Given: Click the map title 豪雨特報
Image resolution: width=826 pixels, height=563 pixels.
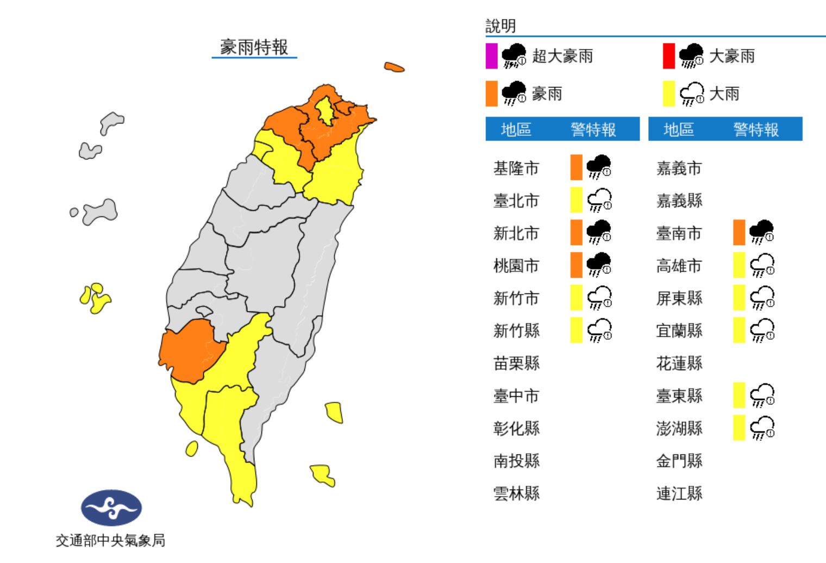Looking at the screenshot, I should [x=254, y=47].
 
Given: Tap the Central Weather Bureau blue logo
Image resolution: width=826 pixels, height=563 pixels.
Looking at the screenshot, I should [x=111, y=508].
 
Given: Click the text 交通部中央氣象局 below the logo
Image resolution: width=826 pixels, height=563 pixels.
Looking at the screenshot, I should [x=110, y=540].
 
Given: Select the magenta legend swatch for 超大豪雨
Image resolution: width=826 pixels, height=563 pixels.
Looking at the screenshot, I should [x=491, y=56].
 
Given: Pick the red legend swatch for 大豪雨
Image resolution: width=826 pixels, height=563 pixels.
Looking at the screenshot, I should [x=668, y=56].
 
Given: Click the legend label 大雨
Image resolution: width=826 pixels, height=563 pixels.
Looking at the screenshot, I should [x=724, y=94].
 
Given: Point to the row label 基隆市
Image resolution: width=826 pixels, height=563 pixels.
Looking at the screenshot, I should [x=516, y=168].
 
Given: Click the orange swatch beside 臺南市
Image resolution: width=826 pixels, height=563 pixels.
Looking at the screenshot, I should [x=739, y=233].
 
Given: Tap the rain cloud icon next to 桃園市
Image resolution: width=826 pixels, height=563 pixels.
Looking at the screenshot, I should [x=599, y=265].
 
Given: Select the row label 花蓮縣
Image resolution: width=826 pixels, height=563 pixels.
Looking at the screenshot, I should [x=679, y=363].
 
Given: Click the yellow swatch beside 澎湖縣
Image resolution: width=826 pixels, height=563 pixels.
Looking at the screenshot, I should [x=739, y=428].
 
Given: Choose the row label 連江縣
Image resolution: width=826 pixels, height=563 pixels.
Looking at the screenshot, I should [x=679, y=493].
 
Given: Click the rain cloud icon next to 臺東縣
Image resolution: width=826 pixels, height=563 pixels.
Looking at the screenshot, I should [x=762, y=395].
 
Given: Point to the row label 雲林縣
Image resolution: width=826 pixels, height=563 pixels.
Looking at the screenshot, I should [x=516, y=493].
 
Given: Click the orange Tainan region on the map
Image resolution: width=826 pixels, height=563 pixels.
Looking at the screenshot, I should [x=187, y=351].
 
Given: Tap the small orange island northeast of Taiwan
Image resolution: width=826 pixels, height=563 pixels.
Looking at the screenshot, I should [x=394, y=67].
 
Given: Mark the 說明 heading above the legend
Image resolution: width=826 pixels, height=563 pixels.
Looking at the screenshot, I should [x=500, y=26].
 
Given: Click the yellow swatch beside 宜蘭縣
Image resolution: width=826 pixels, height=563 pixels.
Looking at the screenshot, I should [x=739, y=330].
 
